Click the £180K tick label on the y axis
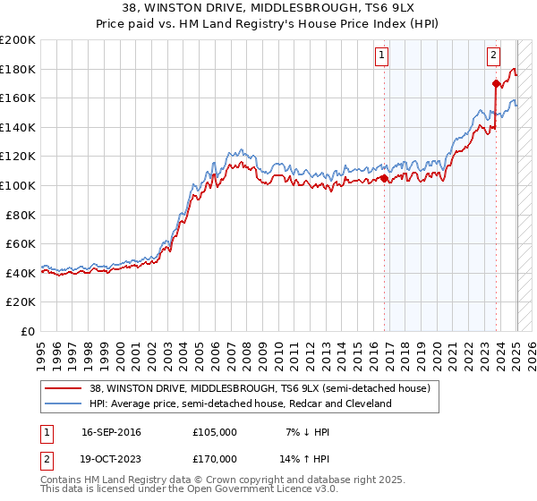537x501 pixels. [18, 69]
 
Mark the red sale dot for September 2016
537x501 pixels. [385, 178]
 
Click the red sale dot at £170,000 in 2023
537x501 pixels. [497, 84]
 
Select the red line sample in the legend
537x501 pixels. [63, 388]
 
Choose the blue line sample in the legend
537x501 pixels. [63, 404]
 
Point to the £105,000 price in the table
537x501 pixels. [215, 432]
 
